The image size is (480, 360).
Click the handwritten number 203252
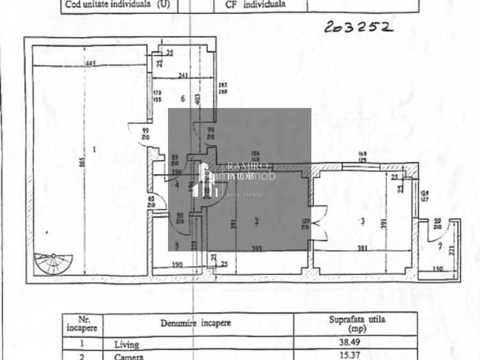(x=357, y=26)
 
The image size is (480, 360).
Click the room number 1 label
(x=93, y=149)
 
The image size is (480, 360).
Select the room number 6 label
(x=183, y=98)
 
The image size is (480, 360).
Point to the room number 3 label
(x=362, y=221)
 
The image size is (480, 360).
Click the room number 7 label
(x=439, y=245)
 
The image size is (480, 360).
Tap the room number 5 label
(x=177, y=245)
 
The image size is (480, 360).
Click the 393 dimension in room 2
(x=256, y=249)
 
